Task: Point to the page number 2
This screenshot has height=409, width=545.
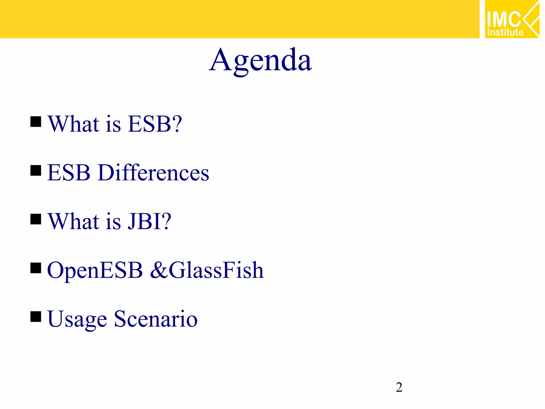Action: coord(399,387)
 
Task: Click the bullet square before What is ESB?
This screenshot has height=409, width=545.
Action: coord(36,121)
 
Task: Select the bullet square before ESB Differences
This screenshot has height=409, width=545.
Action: coord(36,170)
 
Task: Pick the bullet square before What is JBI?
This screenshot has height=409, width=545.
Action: coord(36,219)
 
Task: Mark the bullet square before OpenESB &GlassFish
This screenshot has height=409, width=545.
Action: coord(36,268)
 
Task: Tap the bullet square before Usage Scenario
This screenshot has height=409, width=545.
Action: coord(36,317)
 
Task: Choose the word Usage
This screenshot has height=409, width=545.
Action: coord(77,319)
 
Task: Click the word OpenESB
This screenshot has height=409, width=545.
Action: coord(95,270)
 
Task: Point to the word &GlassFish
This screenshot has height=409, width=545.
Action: coord(207,270)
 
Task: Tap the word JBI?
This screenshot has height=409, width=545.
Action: coord(149,221)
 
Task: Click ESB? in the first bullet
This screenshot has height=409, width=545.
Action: coord(155,124)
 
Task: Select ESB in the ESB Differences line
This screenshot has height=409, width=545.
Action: coord(69,173)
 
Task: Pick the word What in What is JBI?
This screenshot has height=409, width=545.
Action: coord(74,221)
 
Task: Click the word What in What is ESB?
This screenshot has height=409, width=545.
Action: coord(74,124)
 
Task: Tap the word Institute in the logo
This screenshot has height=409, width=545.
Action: coord(505,32)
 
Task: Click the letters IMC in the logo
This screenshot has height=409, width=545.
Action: coord(503,19)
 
